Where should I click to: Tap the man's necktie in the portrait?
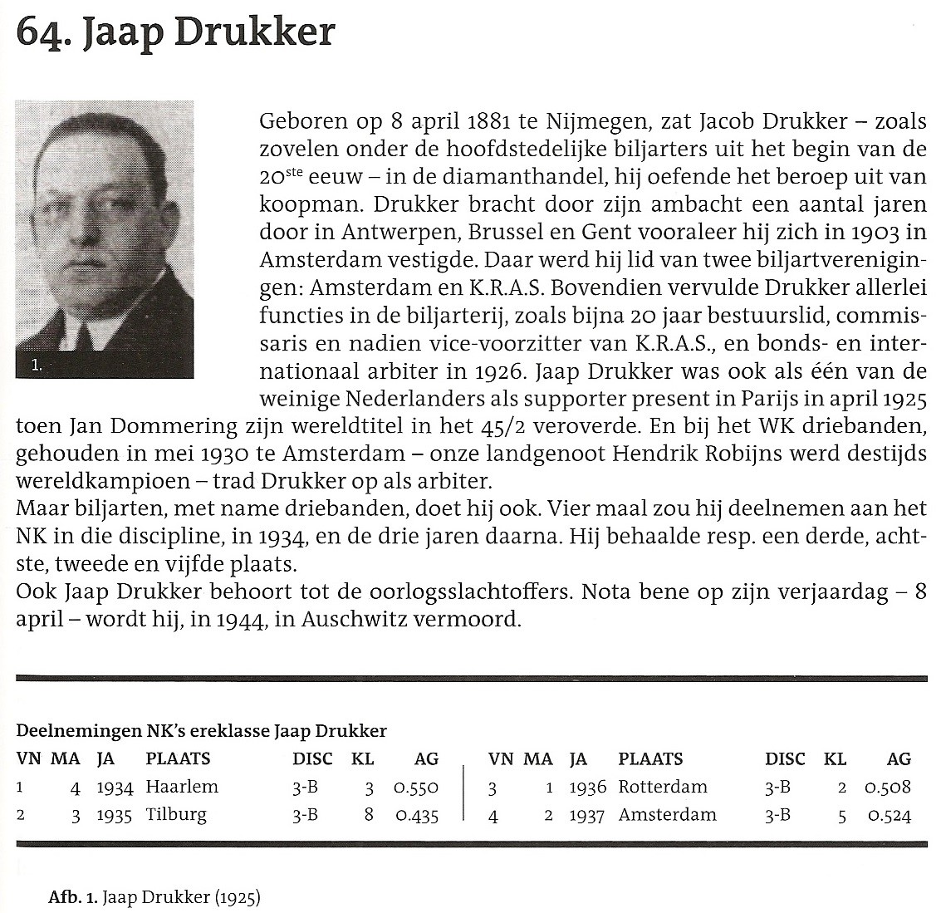point(84,336)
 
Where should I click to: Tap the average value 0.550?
point(417,788)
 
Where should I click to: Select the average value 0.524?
point(890,816)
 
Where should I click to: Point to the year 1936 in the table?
point(588,787)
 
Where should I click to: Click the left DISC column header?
point(312,758)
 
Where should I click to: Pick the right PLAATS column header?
point(650,758)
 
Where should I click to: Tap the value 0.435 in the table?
point(417,816)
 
